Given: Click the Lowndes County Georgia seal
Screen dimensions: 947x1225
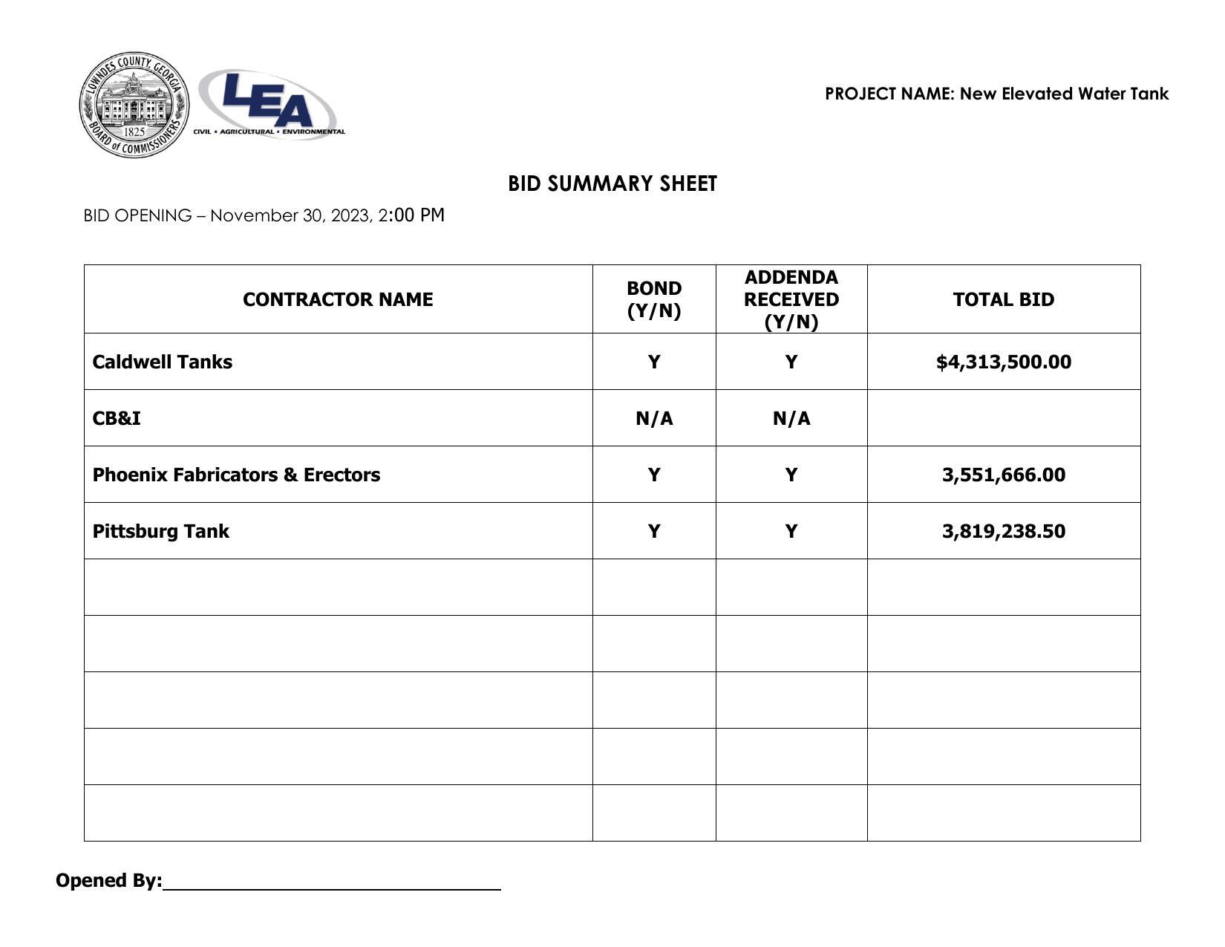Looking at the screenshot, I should coord(134,105).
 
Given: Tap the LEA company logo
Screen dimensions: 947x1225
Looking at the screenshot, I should coord(268,104).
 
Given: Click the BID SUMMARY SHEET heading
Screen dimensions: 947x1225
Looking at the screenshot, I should coord(612,184).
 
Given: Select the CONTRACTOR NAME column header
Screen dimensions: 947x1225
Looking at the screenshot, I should coord(338,299).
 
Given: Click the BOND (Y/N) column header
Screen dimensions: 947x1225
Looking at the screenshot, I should coord(654,299).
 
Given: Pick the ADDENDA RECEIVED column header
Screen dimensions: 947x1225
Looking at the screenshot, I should coord(791,299).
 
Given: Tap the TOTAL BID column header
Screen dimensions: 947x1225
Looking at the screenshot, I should coord(1003,299).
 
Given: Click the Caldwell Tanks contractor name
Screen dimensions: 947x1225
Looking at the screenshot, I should coord(163,362).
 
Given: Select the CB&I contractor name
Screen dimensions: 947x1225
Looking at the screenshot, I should coord(117,418).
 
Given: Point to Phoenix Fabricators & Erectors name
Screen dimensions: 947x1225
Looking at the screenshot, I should coord(236,475).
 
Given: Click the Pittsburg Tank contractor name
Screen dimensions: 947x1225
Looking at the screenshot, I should coord(161,531).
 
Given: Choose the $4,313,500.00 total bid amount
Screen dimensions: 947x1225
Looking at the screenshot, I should coord(1003,362).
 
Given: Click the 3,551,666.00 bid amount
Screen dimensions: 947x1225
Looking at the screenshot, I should coord(1003,475).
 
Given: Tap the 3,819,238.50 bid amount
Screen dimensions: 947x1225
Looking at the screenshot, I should coord(1003,531).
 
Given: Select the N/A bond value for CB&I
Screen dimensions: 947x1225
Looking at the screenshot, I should coord(654,418).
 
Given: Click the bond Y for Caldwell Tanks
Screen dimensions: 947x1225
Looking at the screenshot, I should coord(654,362).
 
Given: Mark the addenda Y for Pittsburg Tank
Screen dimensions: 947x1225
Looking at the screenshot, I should coord(791,531).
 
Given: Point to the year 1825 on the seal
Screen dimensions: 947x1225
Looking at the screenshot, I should coord(134,131).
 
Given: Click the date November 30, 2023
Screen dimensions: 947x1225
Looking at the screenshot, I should coord(290,215).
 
